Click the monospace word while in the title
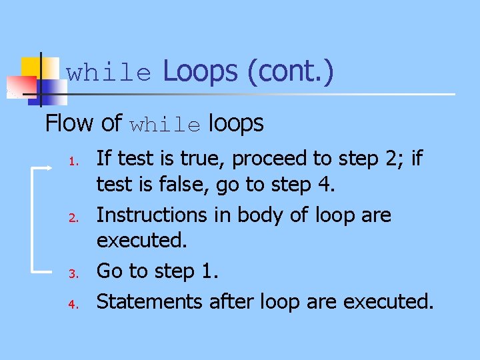[109, 73]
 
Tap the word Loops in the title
[200, 71]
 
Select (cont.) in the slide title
[291, 71]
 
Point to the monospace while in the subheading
[165, 125]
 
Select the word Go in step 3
[110, 271]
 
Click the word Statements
[149, 301]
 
